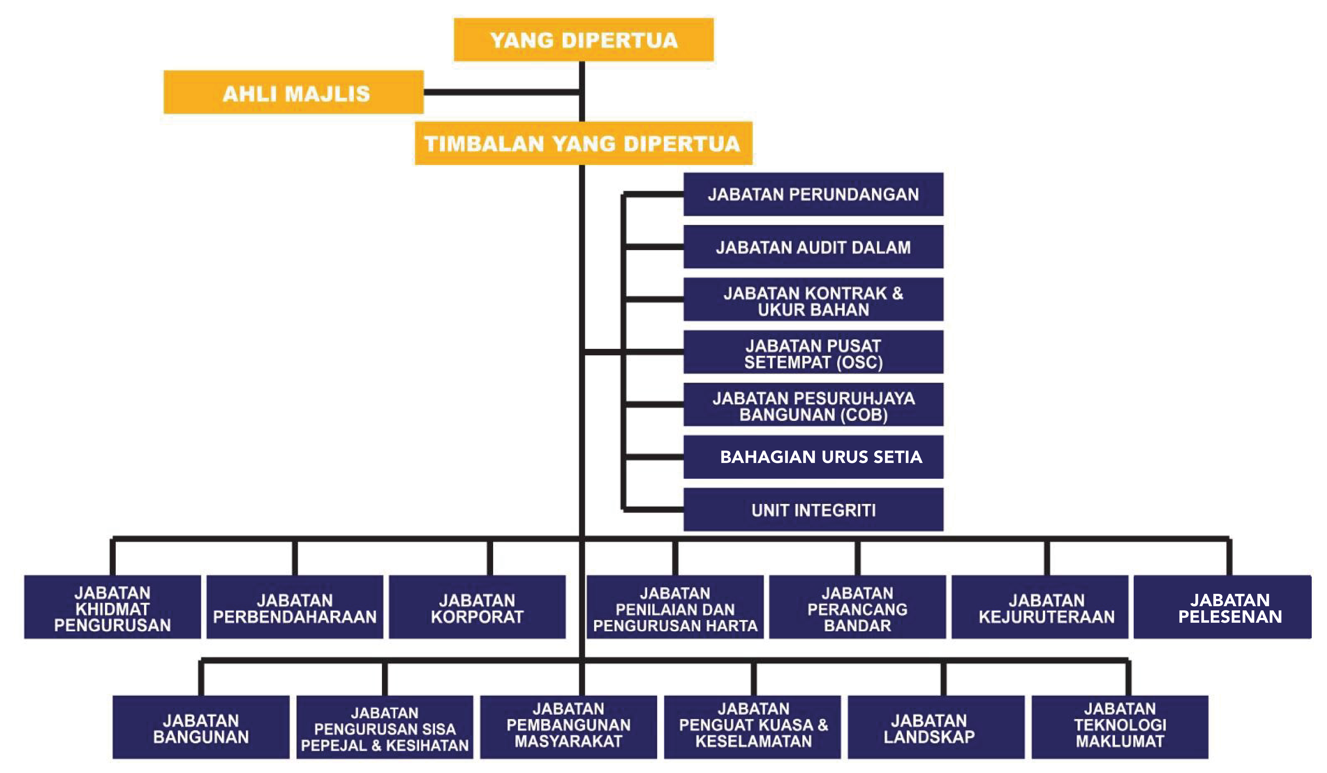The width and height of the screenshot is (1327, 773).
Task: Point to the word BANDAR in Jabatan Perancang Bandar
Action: [x=857, y=625]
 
